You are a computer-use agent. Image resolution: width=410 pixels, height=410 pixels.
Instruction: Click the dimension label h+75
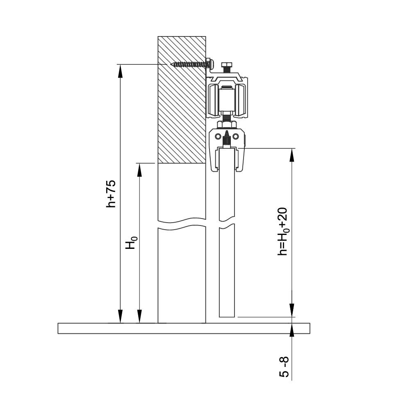[x=111, y=194]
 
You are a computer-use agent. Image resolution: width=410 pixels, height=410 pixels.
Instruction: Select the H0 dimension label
[x=131, y=242]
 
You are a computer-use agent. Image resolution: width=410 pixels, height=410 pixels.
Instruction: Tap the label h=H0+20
[x=283, y=232]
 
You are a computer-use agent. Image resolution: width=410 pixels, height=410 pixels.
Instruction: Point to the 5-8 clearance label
[x=284, y=367]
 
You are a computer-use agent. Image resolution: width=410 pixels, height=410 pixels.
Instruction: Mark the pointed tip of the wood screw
[x=171, y=64]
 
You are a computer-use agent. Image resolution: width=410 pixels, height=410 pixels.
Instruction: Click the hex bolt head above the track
[x=226, y=65]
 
